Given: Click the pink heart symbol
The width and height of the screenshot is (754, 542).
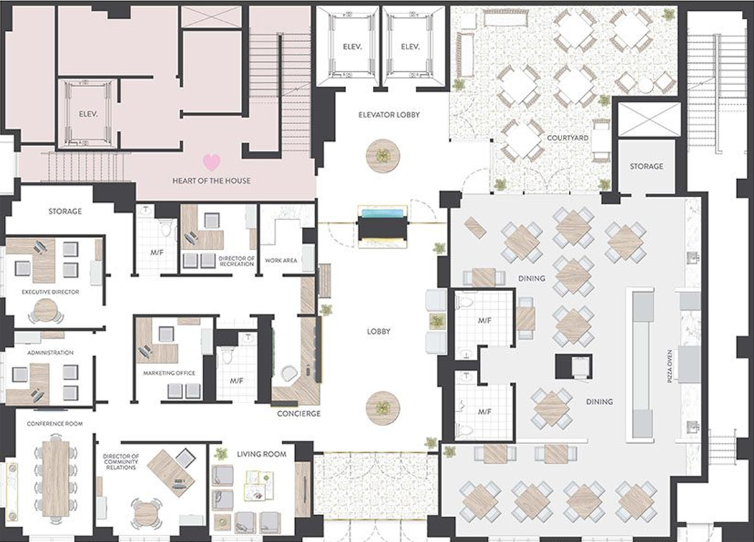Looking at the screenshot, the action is click(x=211, y=162).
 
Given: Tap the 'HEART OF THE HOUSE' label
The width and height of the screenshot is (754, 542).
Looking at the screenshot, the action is click(x=211, y=181).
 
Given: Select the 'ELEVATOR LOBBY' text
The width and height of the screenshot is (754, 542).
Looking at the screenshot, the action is click(x=389, y=115).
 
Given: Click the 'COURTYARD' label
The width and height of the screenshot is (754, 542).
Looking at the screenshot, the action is click(x=568, y=138).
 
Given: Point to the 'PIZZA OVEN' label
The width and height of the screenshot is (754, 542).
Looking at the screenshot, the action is click(x=670, y=366).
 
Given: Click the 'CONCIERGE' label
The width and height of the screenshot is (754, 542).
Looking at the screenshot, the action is click(x=299, y=414).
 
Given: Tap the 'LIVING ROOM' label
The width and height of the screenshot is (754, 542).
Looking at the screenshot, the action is click(x=262, y=454).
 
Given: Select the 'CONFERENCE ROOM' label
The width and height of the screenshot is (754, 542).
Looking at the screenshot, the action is click(x=55, y=424).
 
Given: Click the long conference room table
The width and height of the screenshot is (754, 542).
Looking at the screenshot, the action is click(x=56, y=478).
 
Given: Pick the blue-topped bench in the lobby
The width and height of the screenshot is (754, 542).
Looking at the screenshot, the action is click(x=382, y=226).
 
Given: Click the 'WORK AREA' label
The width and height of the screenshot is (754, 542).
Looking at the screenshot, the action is click(x=281, y=261).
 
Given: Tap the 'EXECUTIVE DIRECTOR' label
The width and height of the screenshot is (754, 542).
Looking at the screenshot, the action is click(x=50, y=292).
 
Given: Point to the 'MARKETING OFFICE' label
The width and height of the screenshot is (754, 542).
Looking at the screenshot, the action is click(x=169, y=373).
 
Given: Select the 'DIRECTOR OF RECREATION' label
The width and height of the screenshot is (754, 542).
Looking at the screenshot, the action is click(x=237, y=261).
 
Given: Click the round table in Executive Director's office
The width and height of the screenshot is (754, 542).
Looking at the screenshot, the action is click(x=46, y=310).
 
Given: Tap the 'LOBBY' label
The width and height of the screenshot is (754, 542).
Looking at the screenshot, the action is click(x=378, y=331).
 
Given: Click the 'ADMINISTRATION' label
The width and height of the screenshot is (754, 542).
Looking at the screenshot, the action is click(x=50, y=353).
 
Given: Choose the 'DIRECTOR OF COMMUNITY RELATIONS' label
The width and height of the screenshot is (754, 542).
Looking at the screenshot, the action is click(x=121, y=462).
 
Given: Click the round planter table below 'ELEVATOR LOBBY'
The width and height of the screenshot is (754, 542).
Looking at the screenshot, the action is click(x=383, y=156).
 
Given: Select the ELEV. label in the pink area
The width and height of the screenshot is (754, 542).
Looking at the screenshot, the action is click(x=89, y=115).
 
